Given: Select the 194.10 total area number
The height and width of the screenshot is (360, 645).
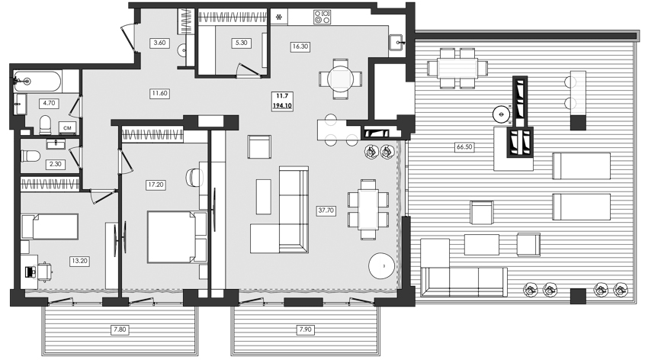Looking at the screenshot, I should [283, 105].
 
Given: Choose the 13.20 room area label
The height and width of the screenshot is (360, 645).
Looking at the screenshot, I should [79, 260].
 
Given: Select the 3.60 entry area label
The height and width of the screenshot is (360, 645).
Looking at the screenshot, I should [159, 43].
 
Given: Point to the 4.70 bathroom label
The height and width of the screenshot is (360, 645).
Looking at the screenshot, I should [50, 102].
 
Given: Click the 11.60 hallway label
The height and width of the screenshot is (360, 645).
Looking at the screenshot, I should [159, 92].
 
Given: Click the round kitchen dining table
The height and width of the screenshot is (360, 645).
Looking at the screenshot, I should [340, 77].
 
